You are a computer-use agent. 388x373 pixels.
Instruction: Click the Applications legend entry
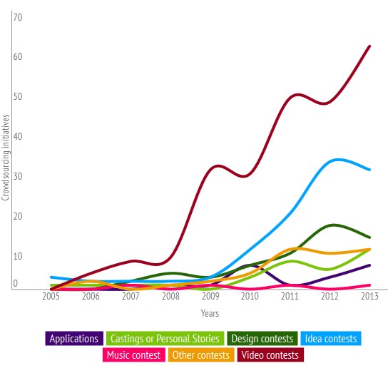coord(74,339)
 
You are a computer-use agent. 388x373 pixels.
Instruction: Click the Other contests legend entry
coord(201,354)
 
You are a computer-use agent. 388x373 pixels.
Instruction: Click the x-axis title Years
coord(209,313)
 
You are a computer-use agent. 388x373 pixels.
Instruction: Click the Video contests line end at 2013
coord(369,46)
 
